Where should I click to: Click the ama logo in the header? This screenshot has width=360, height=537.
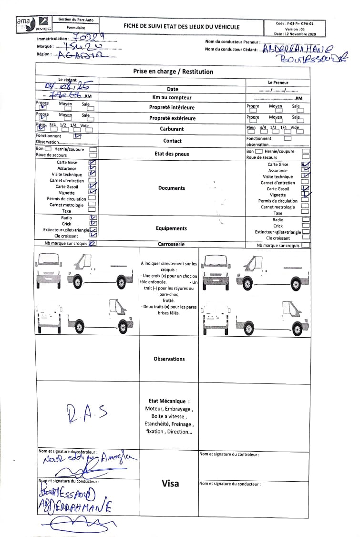(x=23, y=21)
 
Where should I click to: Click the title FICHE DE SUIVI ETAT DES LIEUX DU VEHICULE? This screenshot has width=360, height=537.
(x=182, y=27)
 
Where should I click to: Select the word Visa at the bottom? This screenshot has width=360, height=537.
(x=170, y=483)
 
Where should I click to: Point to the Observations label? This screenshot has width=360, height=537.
(x=169, y=359)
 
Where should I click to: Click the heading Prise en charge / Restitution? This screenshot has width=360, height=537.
(x=173, y=72)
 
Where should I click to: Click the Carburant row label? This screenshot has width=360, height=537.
(x=172, y=129)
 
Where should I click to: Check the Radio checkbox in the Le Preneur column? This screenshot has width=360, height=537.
(x=306, y=220)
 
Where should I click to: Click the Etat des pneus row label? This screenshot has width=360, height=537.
(x=172, y=154)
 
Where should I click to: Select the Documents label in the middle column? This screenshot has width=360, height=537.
(x=172, y=188)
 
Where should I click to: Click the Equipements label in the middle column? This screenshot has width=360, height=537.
(x=172, y=228)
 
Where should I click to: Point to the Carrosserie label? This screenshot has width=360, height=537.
(x=171, y=244)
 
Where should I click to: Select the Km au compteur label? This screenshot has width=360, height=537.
(x=172, y=97)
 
